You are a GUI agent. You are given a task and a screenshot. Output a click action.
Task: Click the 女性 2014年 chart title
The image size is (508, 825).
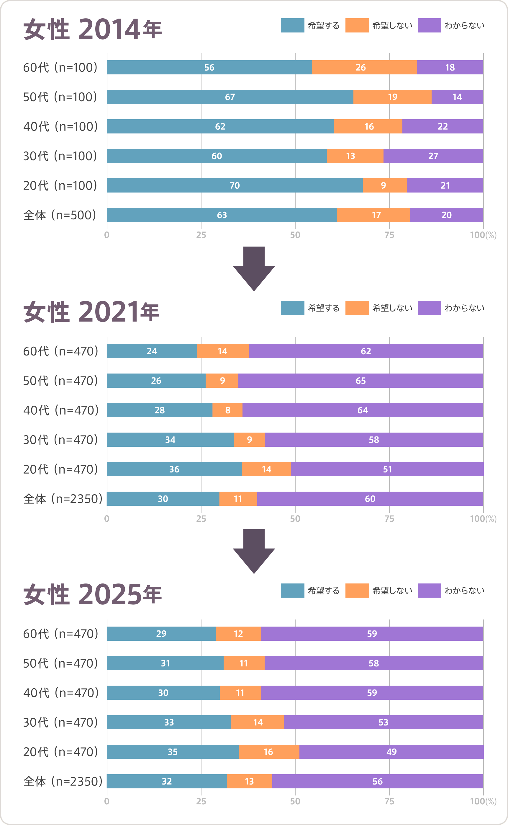92,30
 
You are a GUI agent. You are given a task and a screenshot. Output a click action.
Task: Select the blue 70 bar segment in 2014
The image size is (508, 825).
235,185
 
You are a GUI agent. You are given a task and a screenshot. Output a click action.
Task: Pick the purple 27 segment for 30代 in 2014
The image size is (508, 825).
433,156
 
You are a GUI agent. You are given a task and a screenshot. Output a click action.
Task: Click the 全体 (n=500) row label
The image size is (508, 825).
60,215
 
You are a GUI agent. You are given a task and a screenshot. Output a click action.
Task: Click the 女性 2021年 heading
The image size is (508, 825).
91,312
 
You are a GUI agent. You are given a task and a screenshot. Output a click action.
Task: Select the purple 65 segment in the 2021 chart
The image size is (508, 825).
360,381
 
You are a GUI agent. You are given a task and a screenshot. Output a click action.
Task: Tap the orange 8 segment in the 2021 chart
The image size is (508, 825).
227,410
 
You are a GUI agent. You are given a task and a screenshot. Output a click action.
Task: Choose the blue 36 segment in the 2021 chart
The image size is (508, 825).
174,469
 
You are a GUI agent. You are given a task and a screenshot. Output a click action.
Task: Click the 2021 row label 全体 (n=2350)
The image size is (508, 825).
63,499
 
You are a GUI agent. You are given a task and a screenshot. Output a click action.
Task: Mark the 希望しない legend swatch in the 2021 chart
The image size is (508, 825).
357,308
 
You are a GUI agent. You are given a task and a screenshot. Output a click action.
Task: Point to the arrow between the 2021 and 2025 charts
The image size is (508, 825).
254,551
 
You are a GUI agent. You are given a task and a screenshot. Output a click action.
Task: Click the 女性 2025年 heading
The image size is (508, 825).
92,595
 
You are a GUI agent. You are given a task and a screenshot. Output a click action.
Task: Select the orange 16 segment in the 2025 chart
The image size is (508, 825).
268,752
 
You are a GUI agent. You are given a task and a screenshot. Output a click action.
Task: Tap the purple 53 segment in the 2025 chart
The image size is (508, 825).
383,722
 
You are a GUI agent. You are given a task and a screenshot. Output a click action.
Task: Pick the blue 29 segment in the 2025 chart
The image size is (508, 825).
161,634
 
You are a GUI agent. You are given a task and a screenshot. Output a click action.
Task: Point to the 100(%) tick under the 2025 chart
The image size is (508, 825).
483,801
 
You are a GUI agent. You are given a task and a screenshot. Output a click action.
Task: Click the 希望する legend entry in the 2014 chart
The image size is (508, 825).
310,26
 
